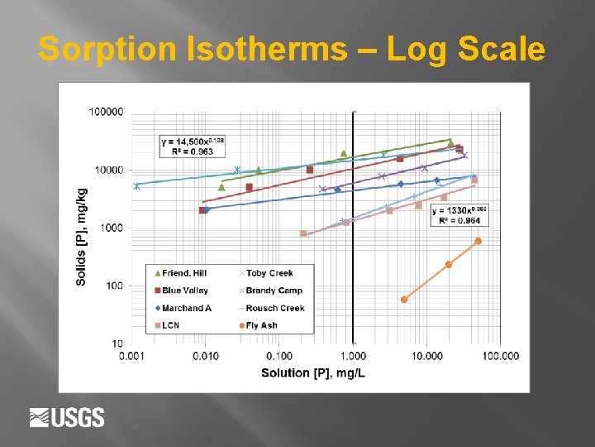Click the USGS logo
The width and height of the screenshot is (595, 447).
tap(67, 417)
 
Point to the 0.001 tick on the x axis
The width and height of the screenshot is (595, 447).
tap(132, 356)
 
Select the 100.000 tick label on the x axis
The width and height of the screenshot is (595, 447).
tap(500, 356)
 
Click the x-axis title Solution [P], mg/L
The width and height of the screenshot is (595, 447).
tap(313, 373)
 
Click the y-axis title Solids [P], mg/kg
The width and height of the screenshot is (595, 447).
tap(81, 236)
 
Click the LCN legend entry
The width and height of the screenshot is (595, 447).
tap(170, 325)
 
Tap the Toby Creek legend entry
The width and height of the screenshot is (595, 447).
tap(269, 273)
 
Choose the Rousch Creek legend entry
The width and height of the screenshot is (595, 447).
tap(274, 308)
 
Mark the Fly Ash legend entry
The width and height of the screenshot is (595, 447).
tap(262, 325)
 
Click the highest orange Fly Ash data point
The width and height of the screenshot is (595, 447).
tap(478, 241)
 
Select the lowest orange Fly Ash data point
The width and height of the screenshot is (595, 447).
tap(404, 300)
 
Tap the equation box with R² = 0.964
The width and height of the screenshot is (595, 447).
tap(459, 215)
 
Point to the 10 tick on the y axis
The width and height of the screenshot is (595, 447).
tap(118, 344)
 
